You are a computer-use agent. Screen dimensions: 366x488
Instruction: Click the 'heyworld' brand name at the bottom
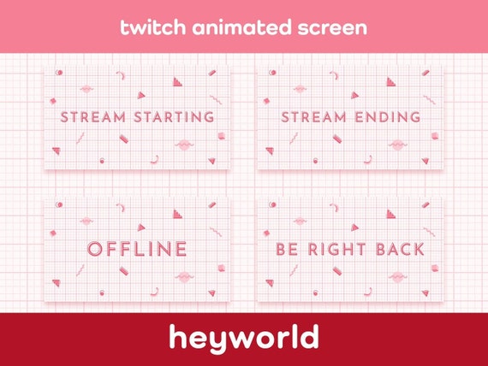pyautogui.click(x=244, y=339)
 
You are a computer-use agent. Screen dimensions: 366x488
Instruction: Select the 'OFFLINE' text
pyautogui.click(x=137, y=250)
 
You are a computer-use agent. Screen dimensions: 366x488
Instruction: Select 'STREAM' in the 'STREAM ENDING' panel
pyautogui.click(x=312, y=116)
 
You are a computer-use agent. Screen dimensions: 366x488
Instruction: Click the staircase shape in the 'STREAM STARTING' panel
pyautogui.click(x=177, y=82)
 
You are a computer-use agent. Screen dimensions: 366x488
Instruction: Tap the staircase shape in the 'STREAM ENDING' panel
pyautogui.click(x=390, y=82)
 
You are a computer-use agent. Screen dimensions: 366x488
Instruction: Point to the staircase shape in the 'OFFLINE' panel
pyautogui.click(x=177, y=215)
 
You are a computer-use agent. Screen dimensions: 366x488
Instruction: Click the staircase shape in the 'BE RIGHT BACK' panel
pyautogui.click(x=390, y=215)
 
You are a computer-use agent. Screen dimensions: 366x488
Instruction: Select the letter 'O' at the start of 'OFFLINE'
pyautogui.click(x=96, y=250)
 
